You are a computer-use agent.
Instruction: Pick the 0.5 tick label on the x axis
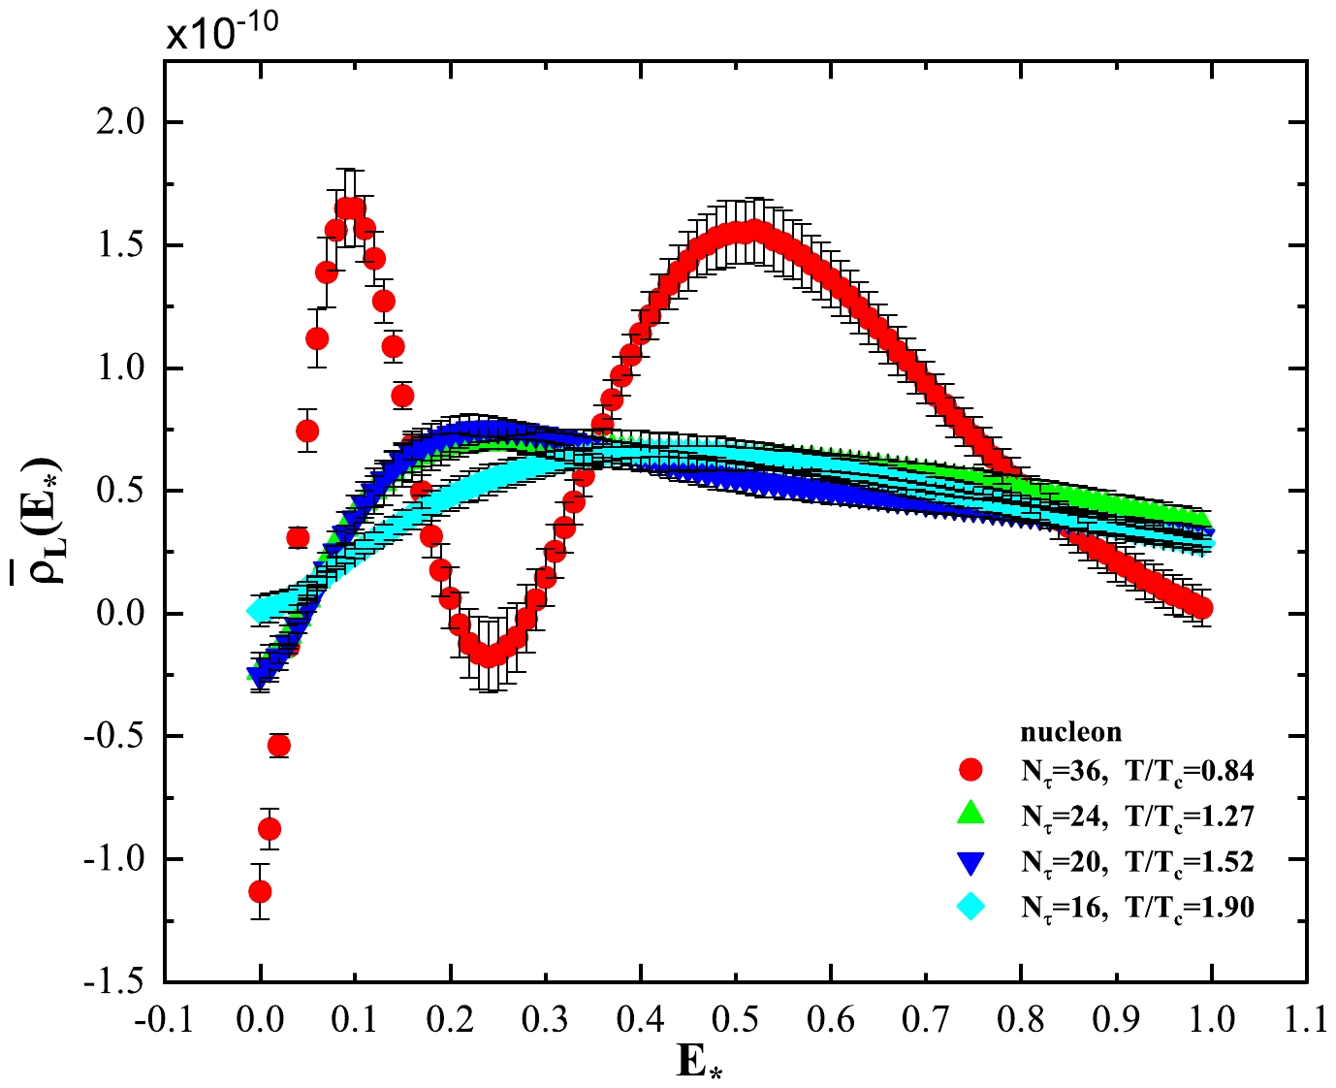[x=735, y=1019]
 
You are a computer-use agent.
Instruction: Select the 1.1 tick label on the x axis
[x=1306, y=1019]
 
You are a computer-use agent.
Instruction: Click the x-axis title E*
[x=701, y=1061]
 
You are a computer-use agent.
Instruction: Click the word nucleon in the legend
[x=1070, y=732]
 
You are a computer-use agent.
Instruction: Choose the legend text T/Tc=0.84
[x=1190, y=771]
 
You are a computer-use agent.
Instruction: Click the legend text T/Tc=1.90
[x=1190, y=908]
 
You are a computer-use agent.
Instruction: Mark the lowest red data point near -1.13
[x=260, y=891]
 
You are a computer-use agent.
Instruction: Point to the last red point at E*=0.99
[x=1201, y=608]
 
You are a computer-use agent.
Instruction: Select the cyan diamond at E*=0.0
[x=258, y=611]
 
